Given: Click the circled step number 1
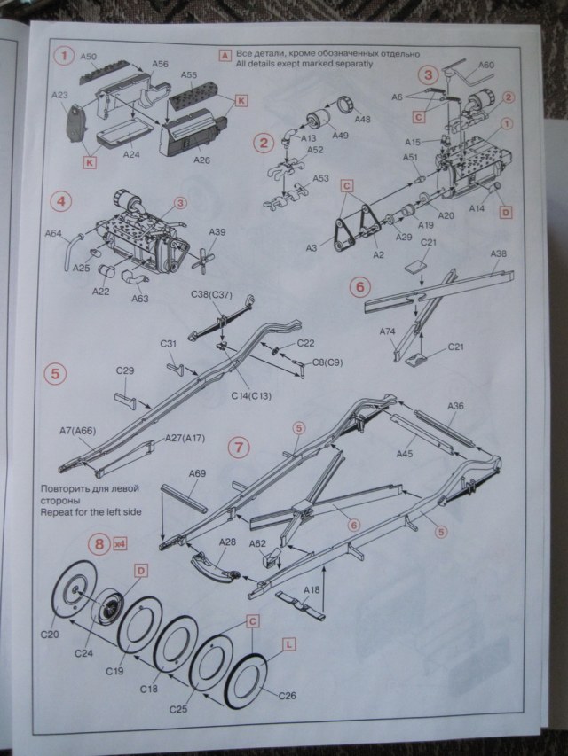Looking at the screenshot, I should click(x=63, y=56).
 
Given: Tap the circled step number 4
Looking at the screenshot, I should click(x=62, y=200).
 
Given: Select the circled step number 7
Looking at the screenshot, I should click(x=239, y=447).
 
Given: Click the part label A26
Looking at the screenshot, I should click(x=202, y=160).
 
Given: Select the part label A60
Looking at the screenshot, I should click(x=487, y=65).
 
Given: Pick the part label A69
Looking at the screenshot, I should click(x=198, y=474).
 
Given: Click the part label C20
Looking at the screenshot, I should click(x=51, y=635).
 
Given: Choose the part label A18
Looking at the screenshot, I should click(x=311, y=589).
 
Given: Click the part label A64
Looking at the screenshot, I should click(x=53, y=234).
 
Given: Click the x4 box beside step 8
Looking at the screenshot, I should click(x=121, y=545).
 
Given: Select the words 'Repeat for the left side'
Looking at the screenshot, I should click(x=89, y=512).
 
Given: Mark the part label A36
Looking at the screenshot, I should click(x=455, y=407).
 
